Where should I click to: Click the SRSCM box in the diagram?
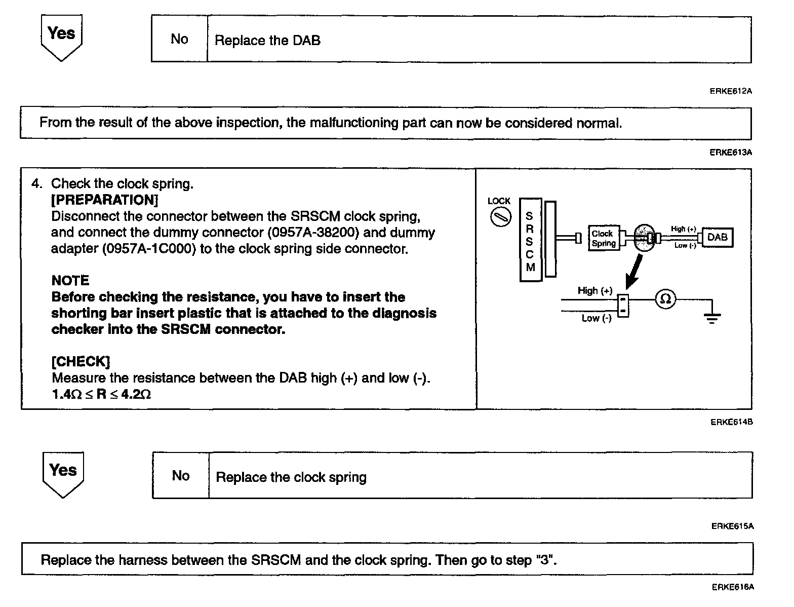[x=530, y=240]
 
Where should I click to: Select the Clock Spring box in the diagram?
[x=603, y=238]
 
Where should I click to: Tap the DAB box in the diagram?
[x=717, y=237]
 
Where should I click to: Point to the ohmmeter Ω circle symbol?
[x=666, y=299]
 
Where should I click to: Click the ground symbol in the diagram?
[x=712, y=318]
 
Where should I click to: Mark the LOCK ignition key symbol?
[x=500, y=218]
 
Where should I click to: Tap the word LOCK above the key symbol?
[x=499, y=201]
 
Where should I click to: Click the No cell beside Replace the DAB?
[x=179, y=39]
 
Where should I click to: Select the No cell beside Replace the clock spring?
[x=181, y=476]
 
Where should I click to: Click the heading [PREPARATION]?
[x=105, y=200]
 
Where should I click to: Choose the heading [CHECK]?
[x=81, y=362]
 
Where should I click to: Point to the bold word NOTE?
[x=70, y=281]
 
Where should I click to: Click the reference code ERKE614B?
[x=731, y=422]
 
